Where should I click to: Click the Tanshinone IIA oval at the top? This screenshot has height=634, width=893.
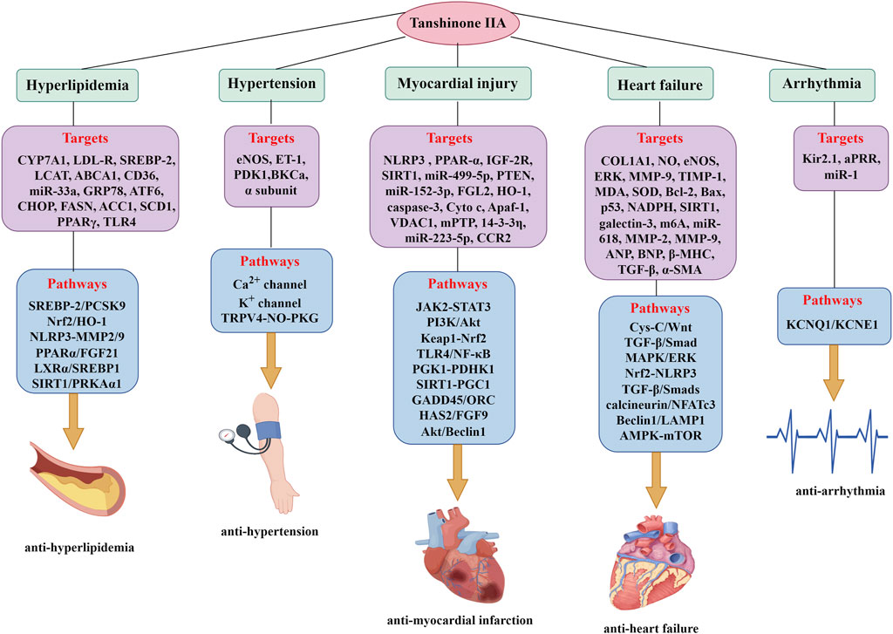[x=457, y=24]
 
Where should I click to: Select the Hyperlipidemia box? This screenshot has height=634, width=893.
[x=78, y=85]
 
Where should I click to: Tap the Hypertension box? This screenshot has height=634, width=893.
[x=272, y=85]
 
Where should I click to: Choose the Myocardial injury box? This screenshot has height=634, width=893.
[x=458, y=85]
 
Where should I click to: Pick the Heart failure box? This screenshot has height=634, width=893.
[x=660, y=85]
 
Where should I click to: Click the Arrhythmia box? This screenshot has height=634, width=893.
[x=821, y=85]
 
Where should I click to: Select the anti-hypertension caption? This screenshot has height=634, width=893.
[x=269, y=531]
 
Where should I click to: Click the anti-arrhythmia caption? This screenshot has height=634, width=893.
[x=840, y=491]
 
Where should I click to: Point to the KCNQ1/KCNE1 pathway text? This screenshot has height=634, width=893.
[x=832, y=324]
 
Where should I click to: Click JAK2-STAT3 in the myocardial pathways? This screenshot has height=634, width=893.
[x=453, y=307]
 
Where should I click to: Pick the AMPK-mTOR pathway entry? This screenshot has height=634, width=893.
[x=661, y=436]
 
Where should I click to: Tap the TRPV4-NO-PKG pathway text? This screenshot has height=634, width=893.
[x=270, y=317]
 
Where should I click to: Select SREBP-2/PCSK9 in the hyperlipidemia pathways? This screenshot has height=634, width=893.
[x=77, y=306]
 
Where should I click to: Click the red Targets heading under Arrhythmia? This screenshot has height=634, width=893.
[x=840, y=138]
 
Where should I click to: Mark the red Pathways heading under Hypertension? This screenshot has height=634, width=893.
[x=269, y=262]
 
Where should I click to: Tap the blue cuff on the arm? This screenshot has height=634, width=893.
[x=269, y=430]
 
